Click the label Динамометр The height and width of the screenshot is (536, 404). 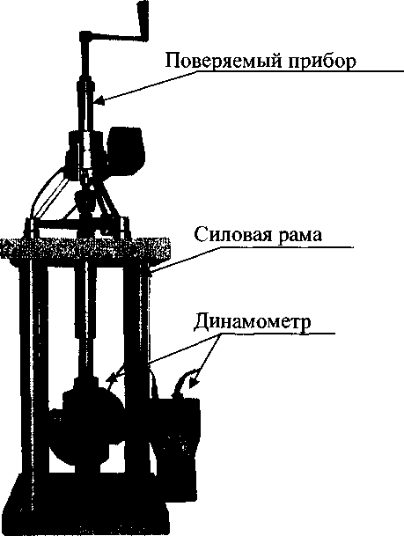coord(253,321)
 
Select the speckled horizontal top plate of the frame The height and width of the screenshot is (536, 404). coord(85,251)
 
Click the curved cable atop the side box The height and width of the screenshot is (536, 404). coord(184,382)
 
